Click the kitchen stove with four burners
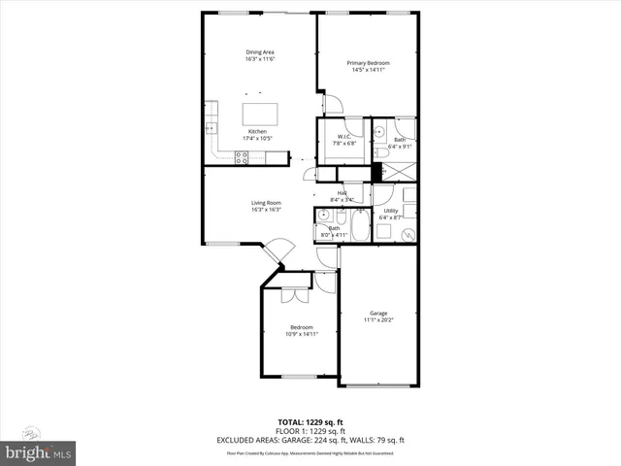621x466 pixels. pos(242,158)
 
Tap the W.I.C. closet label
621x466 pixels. pos(343,136)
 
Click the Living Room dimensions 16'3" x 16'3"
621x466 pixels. pos(266,210)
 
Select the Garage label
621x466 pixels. pos(378,313)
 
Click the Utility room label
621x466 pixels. pos(391,210)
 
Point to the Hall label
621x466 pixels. pos(343,193)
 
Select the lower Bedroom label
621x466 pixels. pos(301,327)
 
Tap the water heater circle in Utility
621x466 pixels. pos(409,233)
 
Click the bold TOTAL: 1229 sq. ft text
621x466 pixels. pos(310,421)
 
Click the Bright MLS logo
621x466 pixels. pos(38,453)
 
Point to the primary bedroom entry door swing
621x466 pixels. pos(331,103)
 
